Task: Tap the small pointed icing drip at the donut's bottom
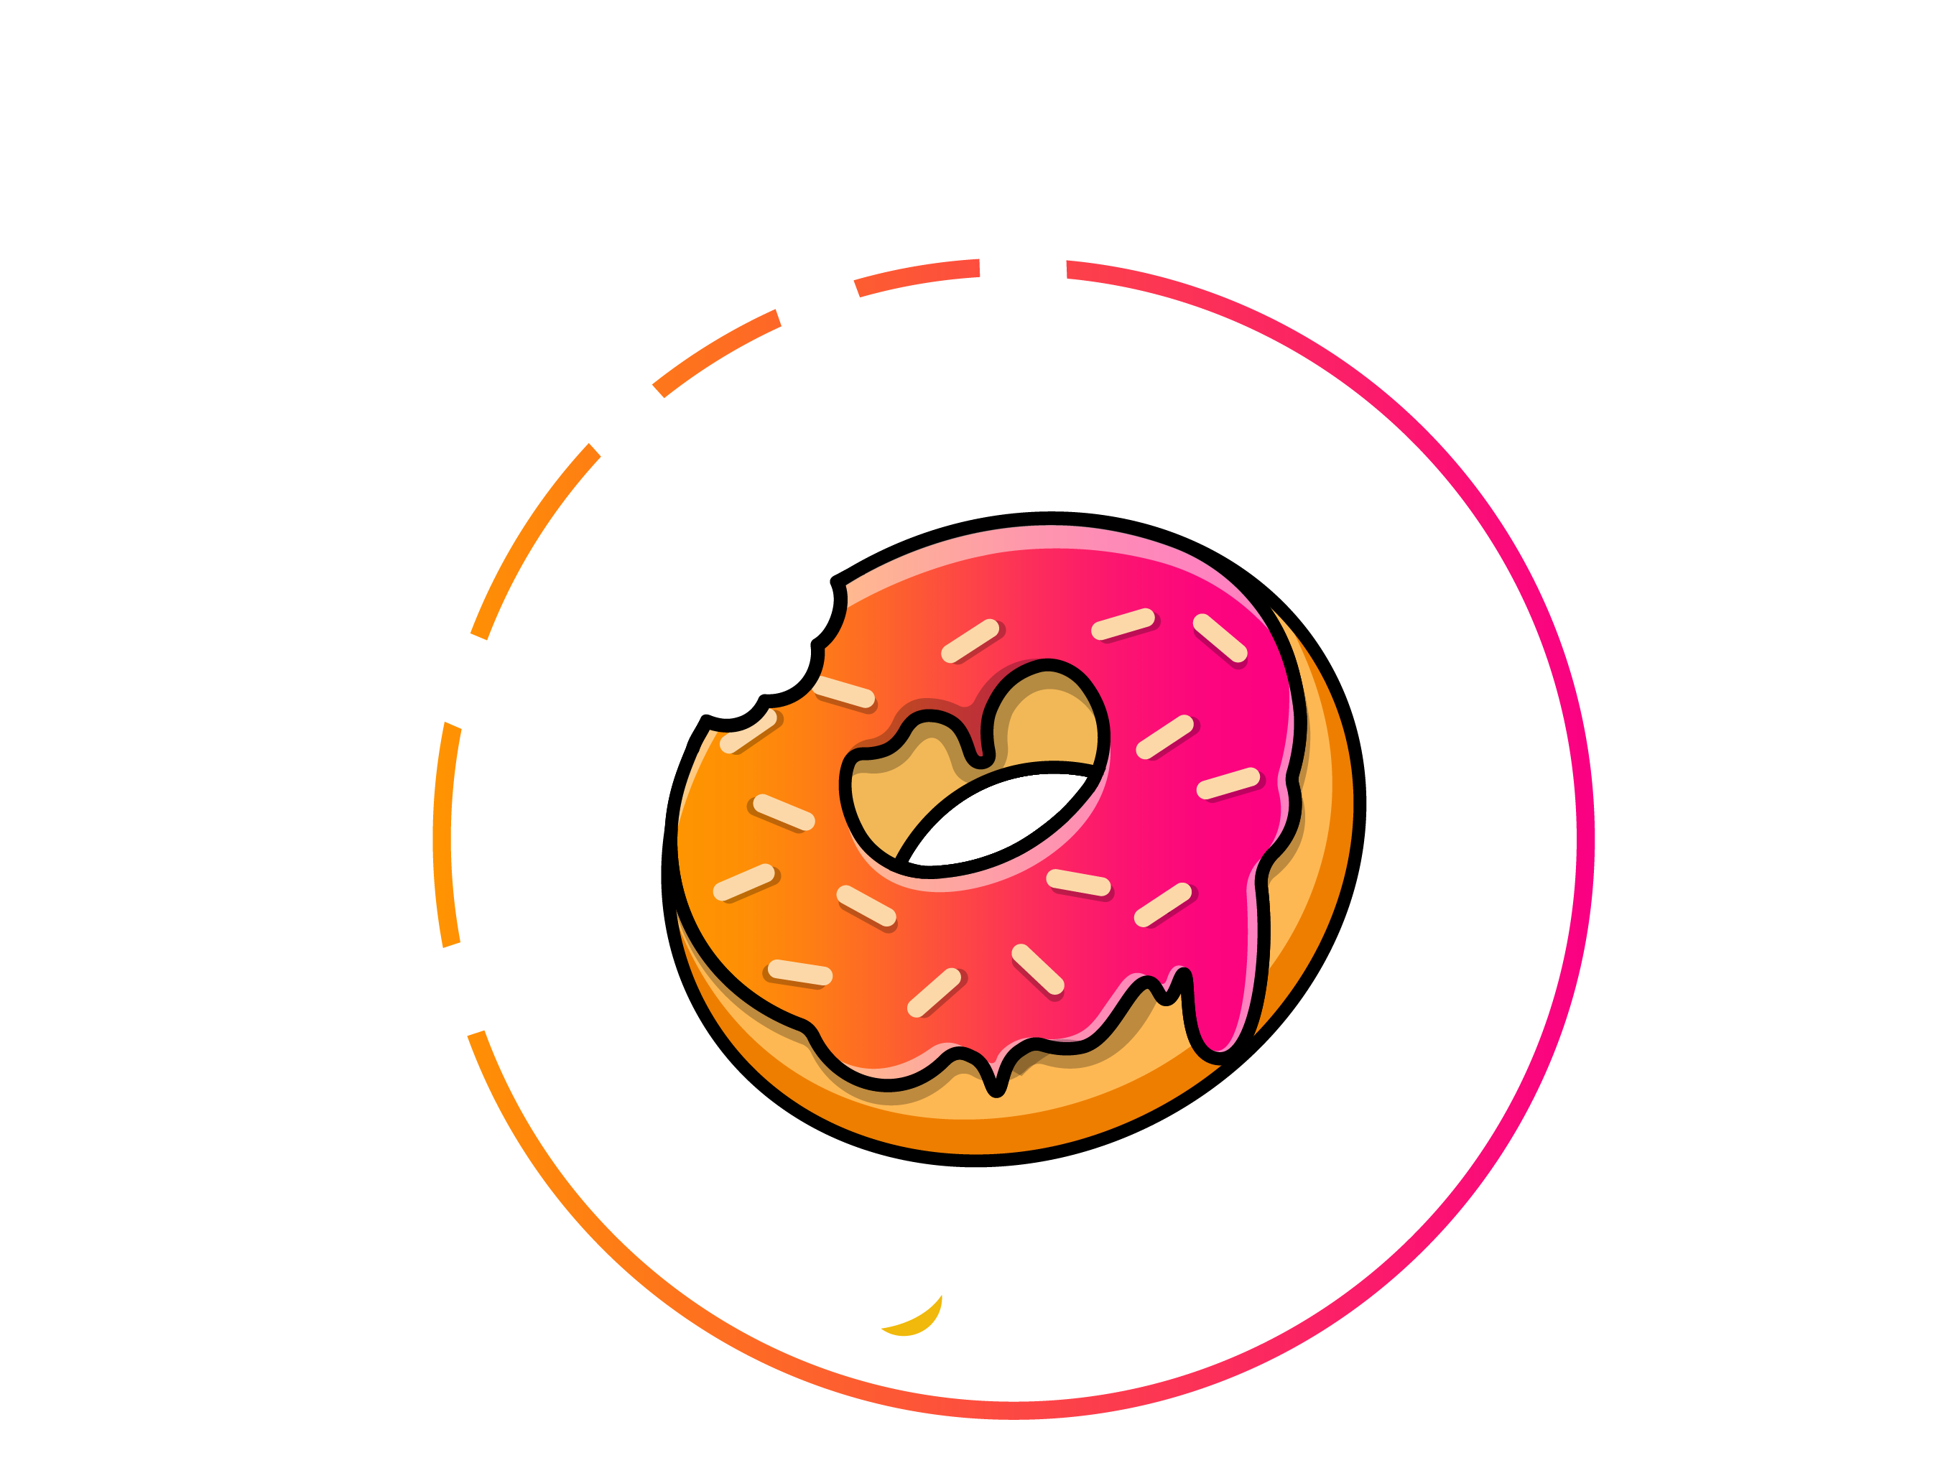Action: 997,1077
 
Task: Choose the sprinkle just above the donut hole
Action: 970,641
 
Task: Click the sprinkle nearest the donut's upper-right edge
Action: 1220,638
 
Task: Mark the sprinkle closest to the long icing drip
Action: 1163,905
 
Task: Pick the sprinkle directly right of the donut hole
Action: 1165,737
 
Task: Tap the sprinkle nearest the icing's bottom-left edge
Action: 799,973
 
